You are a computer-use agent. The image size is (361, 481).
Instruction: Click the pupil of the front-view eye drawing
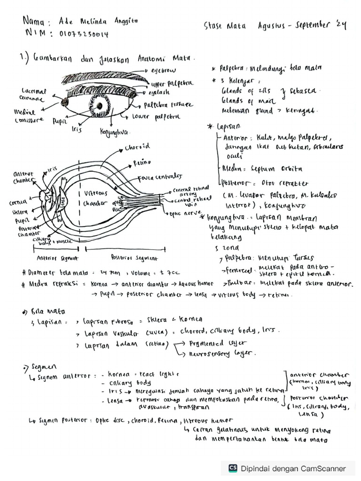coord(100,105)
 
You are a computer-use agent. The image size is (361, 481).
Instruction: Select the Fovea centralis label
coord(153,177)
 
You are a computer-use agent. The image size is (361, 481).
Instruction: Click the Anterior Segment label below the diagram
coord(57,258)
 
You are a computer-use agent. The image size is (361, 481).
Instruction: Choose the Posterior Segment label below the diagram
coord(128,258)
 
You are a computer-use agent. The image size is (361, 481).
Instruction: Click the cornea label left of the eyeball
coord(18,203)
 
